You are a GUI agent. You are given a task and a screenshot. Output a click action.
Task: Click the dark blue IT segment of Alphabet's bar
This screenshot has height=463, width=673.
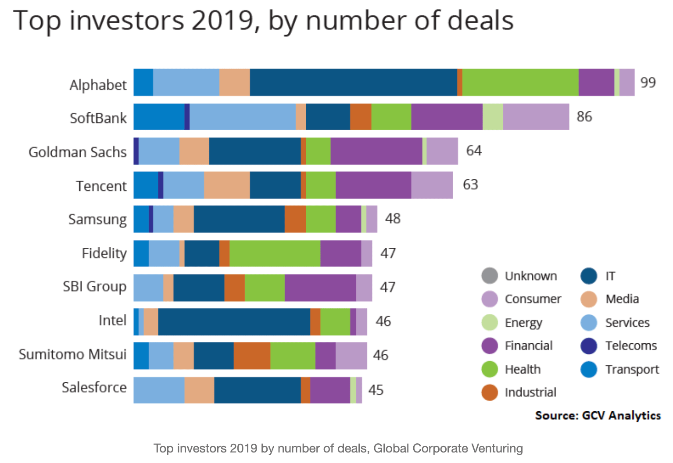[353, 82]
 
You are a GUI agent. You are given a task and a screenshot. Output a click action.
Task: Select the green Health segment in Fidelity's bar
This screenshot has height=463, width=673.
[275, 253]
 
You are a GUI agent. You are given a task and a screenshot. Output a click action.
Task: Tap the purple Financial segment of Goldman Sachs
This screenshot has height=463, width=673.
[376, 151]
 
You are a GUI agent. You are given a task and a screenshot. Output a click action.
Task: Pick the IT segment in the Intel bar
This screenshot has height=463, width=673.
[234, 322]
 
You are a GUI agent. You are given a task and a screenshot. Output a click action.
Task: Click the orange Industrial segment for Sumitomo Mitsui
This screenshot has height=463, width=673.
[252, 356]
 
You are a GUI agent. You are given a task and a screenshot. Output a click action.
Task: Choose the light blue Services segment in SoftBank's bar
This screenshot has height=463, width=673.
[243, 117]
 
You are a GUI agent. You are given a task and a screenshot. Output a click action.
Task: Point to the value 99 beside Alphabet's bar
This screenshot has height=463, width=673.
[648, 82]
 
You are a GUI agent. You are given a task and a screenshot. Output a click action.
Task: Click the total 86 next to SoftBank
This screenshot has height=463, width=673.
[584, 117]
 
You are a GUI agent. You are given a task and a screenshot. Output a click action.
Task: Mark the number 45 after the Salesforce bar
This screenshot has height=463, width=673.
[376, 390]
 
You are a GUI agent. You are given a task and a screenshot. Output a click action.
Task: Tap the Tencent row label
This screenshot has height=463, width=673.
[101, 186]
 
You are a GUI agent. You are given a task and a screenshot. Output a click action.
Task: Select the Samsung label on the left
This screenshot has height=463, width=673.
[97, 219]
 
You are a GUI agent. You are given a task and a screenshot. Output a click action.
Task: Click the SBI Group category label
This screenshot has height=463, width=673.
[94, 287]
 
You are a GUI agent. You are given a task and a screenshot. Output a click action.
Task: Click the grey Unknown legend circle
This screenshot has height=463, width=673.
[490, 276]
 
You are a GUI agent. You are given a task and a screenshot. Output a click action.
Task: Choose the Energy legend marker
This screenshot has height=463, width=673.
[490, 323]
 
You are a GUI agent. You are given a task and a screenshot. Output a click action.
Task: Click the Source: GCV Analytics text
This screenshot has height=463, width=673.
[598, 415]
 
